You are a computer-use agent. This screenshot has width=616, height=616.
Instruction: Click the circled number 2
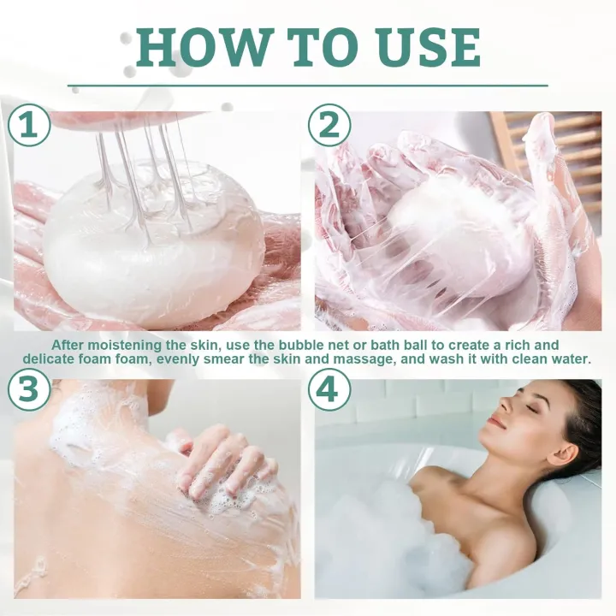329,125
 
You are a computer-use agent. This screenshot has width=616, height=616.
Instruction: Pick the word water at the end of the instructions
572,359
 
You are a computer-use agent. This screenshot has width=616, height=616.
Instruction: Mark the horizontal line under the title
308,86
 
